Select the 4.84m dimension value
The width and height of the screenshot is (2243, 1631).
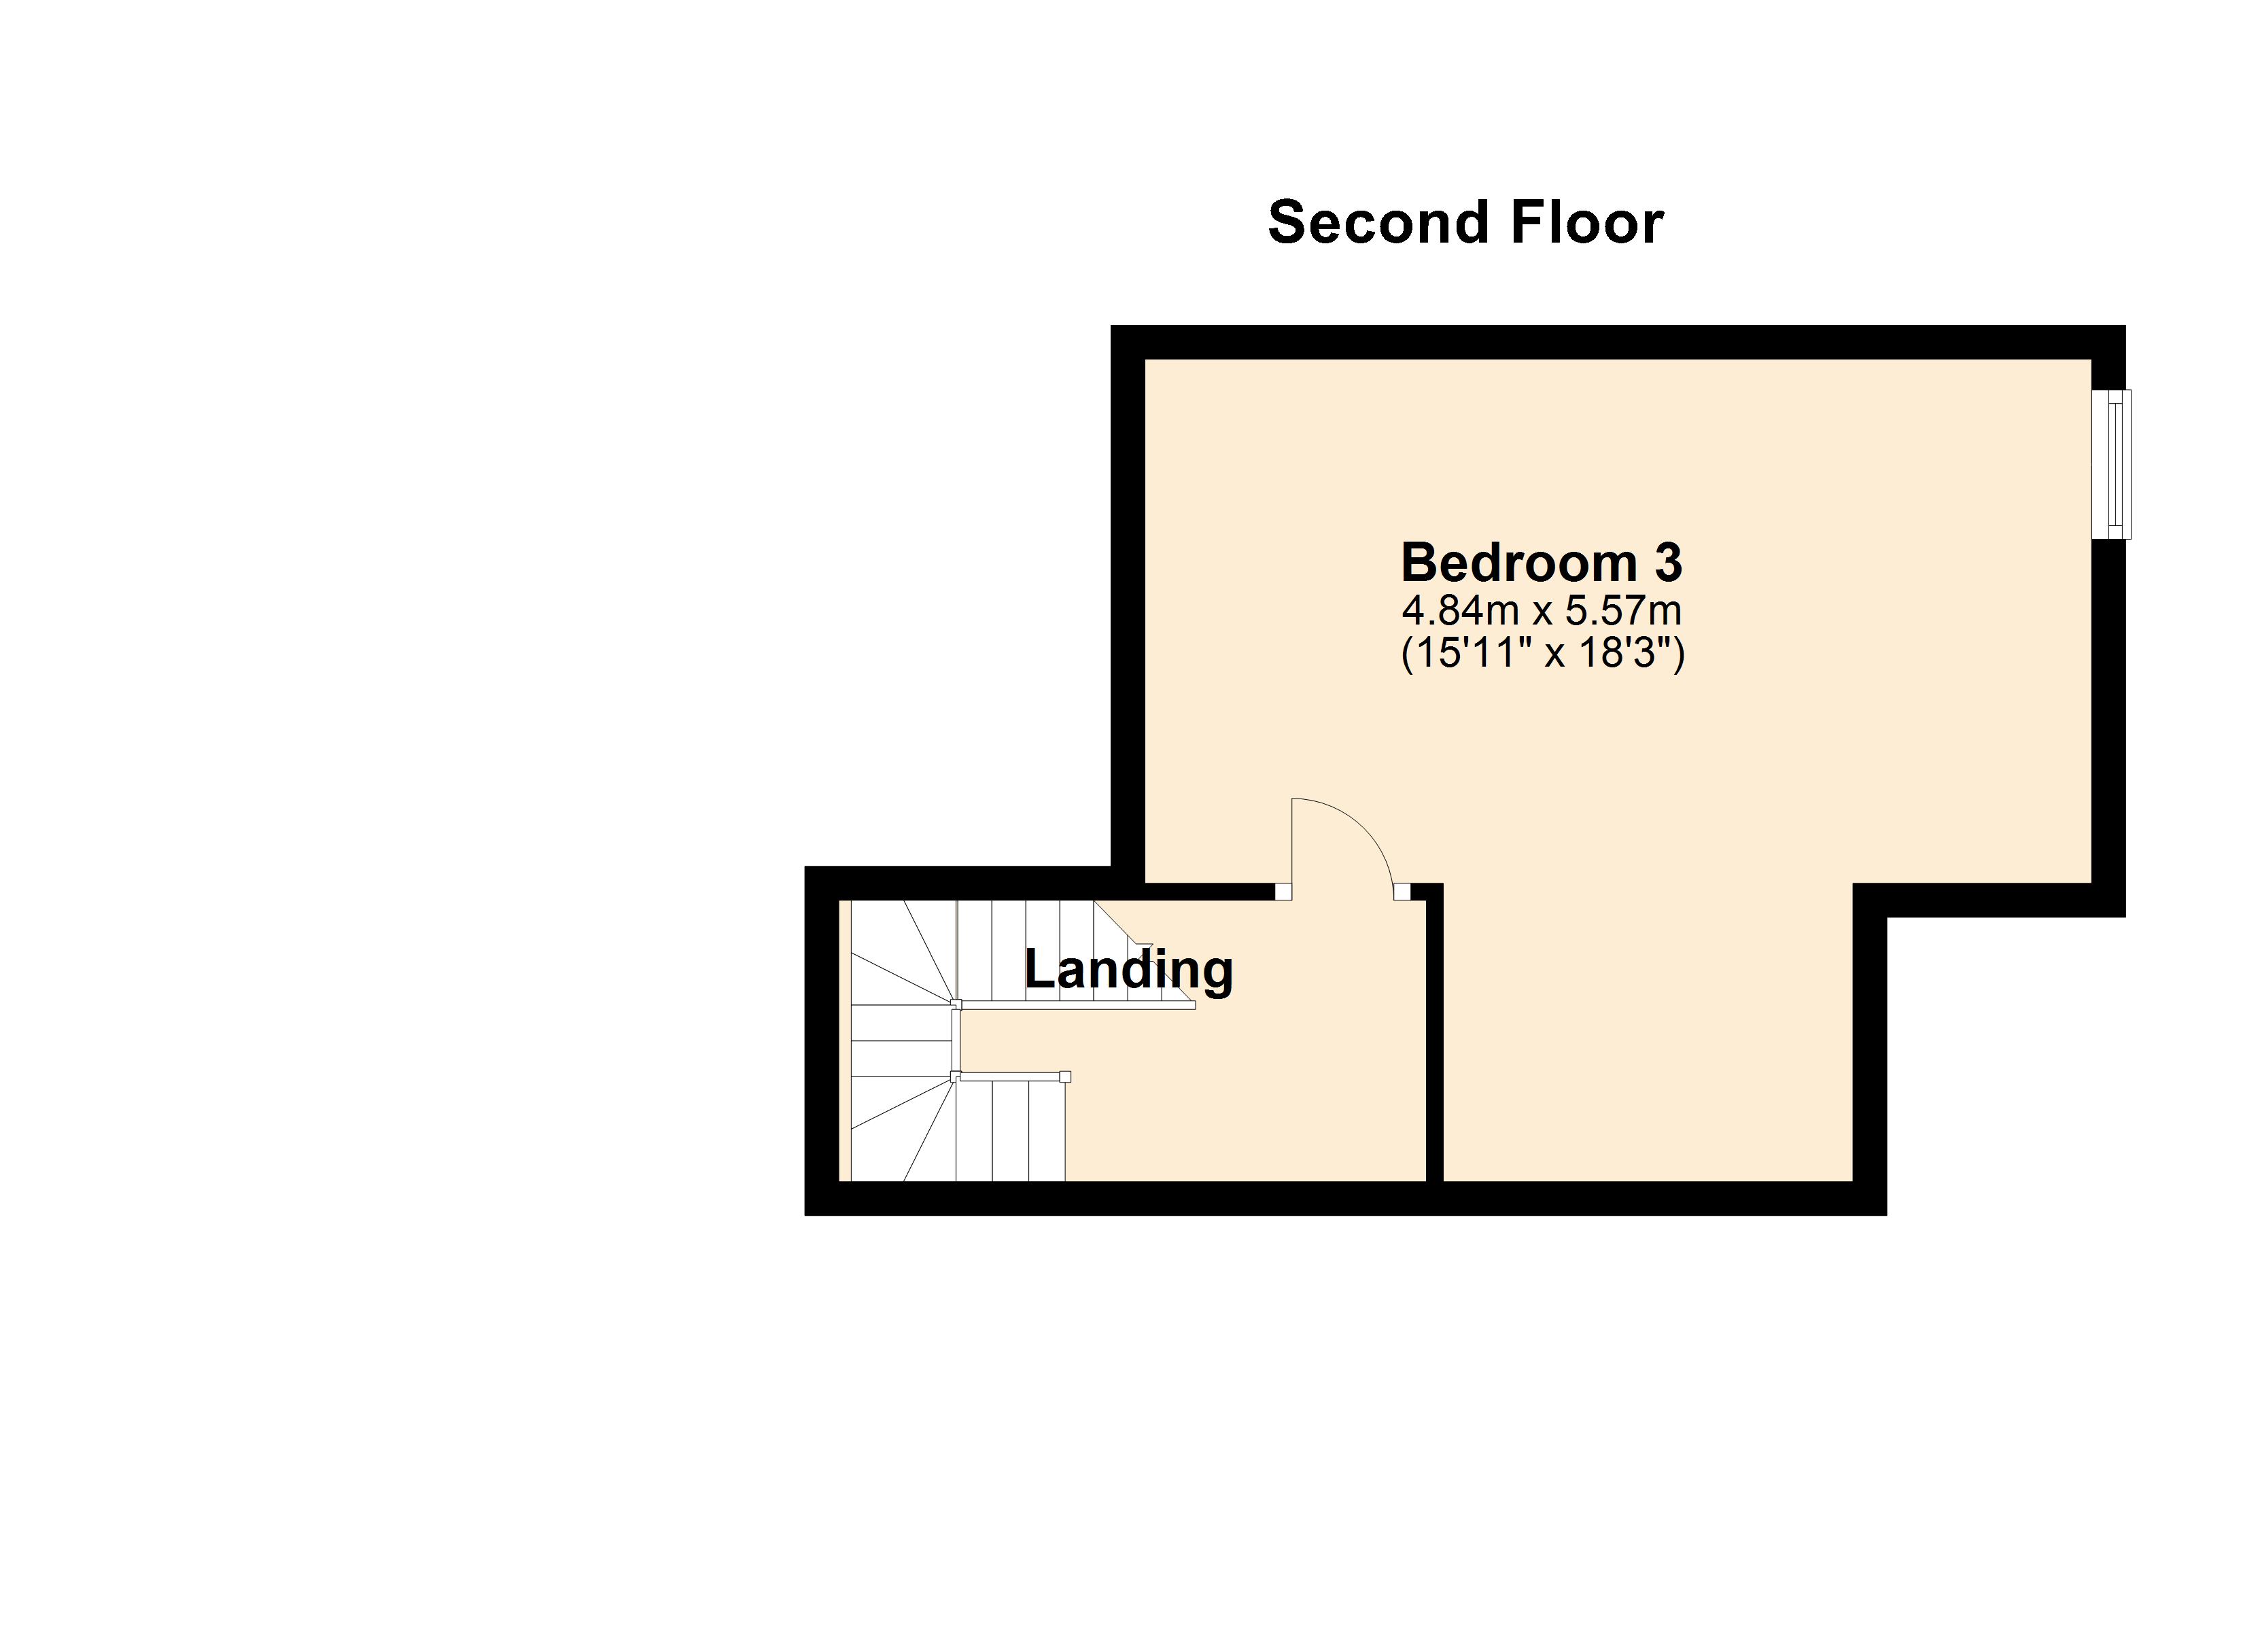pyautogui.click(x=1460, y=611)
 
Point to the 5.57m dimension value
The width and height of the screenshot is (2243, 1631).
pyautogui.click(x=1623, y=611)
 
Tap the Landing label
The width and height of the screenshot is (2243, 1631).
pyautogui.click(x=1128, y=968)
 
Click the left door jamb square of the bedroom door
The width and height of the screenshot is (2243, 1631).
pyautogui.click(x=1283, y=891)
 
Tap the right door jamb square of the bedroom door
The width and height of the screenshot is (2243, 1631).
pyautogui.click(x=1402, y=891)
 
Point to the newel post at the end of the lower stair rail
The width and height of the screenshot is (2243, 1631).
pyautogui.click(x=1064, y=1077)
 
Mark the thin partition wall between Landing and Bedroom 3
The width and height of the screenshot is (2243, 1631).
pyautogui.click(x=1435, y=1038)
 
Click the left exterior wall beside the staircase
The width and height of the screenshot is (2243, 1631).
pyautogui.click(x=822, y=1038)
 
